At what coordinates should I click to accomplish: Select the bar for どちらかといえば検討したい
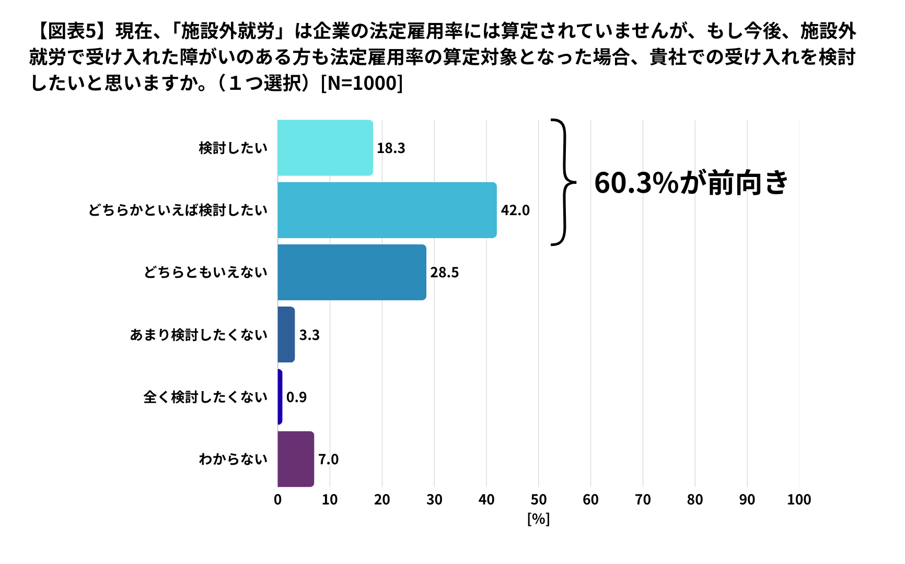coord(387,210)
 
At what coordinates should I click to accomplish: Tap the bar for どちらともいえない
coord(352,272)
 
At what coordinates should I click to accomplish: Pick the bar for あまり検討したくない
coord(286,335)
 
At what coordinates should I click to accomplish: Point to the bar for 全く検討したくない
coord(280,397)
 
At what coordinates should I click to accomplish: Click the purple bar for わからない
coord(296,459)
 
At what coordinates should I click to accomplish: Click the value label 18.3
coord(391,148)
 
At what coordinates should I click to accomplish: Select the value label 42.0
coord(515,210)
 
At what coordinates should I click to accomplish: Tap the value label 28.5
coord(444,273)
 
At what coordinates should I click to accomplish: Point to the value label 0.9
coord(296,397)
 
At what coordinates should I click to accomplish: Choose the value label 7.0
coord(328,460)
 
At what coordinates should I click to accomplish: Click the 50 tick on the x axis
coord(538,500)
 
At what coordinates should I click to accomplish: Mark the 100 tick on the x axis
coord(799,500)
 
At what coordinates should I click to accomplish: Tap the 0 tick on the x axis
coord(277,500)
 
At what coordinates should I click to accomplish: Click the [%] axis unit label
coord(538,519)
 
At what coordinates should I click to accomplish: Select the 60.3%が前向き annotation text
coord(691,183)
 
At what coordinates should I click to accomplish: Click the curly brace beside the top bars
coord(563,182)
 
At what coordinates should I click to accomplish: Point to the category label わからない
coord(233,460)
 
